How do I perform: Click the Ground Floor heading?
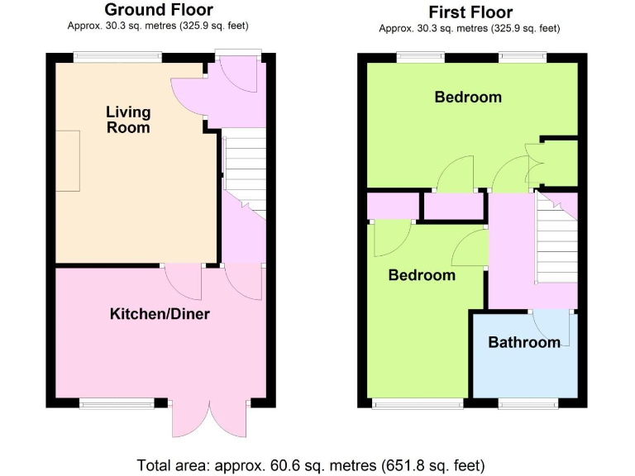[x=158, y=10]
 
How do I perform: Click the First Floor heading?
[x=470, y=12]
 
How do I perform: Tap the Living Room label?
[x=128, y=120]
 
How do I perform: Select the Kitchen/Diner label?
[x=160, y=314]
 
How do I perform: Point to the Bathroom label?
[x=524, y=342]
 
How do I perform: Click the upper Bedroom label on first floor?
[x=468, y=98]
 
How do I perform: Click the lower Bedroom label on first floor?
[x=422, y=275]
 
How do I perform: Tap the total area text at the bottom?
[x=311, y=464]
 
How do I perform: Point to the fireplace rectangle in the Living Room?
[x=68, y=161]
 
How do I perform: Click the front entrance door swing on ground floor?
[x=241, y=80]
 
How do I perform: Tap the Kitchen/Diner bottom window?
[x=117, y=403]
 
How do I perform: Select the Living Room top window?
[x=116, y=57]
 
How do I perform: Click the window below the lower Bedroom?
[x=418, y=403]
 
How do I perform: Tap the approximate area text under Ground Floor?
[x=158, y=26]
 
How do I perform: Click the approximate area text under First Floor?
[x=470, y=28]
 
